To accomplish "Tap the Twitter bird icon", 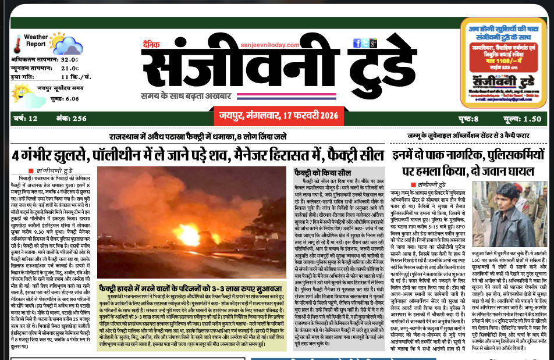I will pyautogui.click(x=349, y=44).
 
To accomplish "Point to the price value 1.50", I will pyautogui.click(x=532, y=119).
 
